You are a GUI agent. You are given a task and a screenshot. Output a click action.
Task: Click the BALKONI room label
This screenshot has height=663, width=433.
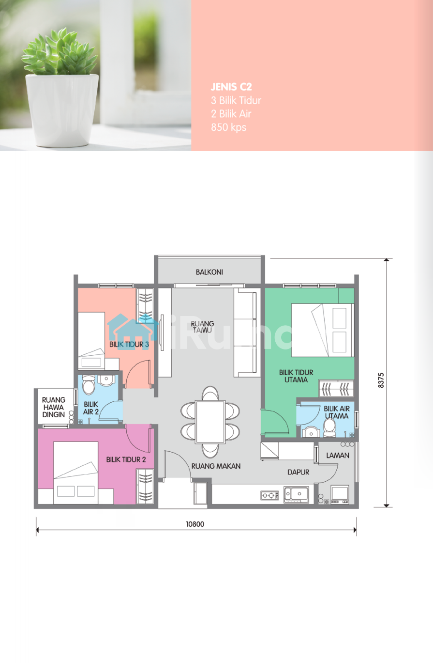coord(209,272)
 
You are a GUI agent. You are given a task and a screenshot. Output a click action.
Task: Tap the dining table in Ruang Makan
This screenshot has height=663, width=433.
coord(210,422)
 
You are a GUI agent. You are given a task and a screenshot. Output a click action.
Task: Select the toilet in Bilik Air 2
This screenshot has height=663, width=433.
coord(89,385)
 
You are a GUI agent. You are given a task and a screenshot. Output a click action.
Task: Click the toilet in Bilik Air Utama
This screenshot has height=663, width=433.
coord(329,427)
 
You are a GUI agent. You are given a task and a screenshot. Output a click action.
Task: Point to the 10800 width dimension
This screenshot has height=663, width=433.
coord(195,524)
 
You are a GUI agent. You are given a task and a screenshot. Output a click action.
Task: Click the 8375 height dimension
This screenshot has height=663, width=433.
coord(381,380)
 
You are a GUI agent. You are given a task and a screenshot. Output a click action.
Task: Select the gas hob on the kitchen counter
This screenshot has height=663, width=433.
coord(269,495)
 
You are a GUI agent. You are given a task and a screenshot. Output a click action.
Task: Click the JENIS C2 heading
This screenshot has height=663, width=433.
coord(231,87)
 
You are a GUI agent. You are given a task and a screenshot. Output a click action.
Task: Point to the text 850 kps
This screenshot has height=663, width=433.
coord(229,127)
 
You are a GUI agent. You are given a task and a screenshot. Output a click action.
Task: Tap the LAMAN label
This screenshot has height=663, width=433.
coord(338,456)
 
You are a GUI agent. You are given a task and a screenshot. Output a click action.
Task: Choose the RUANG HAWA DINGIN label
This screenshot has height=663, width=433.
coord(54,407)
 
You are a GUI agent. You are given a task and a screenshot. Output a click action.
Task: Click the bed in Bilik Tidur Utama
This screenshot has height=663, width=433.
coord(323,330)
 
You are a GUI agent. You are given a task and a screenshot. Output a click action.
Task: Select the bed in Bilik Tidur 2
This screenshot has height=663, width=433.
coord(75,473)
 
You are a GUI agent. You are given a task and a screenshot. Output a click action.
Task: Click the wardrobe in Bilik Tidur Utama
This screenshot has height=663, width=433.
coord(336,388)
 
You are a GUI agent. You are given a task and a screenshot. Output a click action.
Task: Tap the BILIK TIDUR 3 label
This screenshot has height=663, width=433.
coord(129,345)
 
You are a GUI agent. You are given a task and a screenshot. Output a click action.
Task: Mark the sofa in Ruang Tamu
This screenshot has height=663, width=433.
coord(245,332)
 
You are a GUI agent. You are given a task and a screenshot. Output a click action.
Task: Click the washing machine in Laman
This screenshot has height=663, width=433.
coord(340,494)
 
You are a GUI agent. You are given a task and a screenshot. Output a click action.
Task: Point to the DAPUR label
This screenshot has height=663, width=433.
coord(298,472)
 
